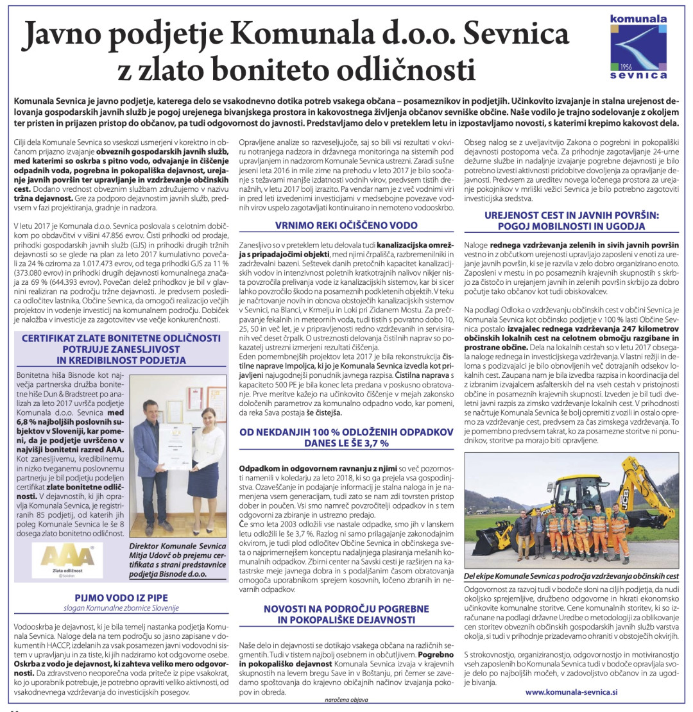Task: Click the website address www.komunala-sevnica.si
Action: [571, 692]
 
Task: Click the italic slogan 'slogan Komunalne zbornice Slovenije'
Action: [121, 608]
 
